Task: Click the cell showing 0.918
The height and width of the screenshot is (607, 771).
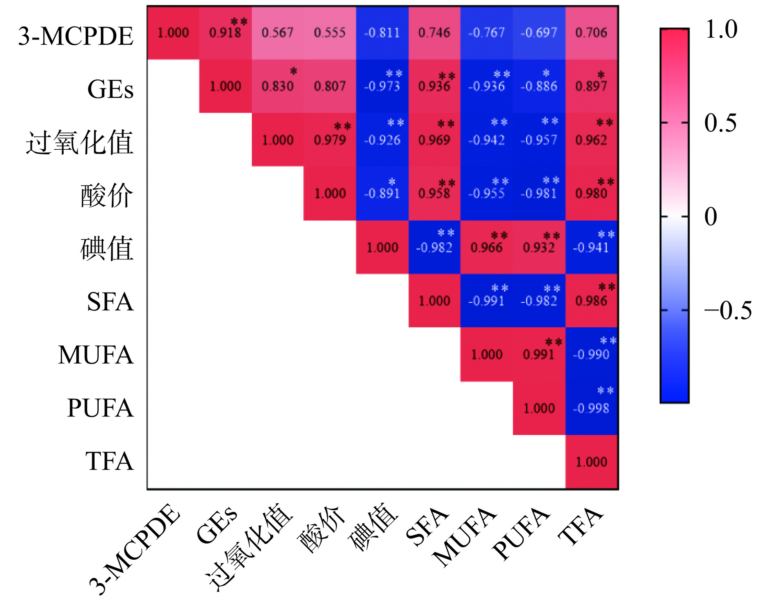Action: (x=225, y=33)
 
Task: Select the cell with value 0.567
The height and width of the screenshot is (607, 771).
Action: (x=277, y=33)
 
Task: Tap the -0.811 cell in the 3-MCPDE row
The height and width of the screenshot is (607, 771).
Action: (x=382, y=33)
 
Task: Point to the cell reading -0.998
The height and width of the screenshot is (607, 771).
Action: (x=592, y=408)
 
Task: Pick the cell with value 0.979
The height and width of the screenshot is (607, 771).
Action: (x=330, y=140)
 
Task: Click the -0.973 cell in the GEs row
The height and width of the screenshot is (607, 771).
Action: (x=382, y=86)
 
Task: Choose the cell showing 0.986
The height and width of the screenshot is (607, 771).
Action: (x=592, y=301)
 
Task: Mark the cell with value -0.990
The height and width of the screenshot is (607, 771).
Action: (x=592, y=354)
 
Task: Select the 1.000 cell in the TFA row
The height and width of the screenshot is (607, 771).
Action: (x=592, y=462)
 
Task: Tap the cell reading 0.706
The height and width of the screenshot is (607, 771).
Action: (x=592, y=33)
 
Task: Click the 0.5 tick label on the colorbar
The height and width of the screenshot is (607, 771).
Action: (x=720, y=123)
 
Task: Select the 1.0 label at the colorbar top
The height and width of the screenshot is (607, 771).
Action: (x=721, y=29)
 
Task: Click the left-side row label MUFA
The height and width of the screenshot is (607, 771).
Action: (x=96, y=354)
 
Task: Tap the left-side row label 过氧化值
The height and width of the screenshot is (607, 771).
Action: (x=80, y=142)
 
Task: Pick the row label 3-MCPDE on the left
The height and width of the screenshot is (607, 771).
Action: (x=76, y=36)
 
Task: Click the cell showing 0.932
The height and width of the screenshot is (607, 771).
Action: (x=539, y=247)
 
